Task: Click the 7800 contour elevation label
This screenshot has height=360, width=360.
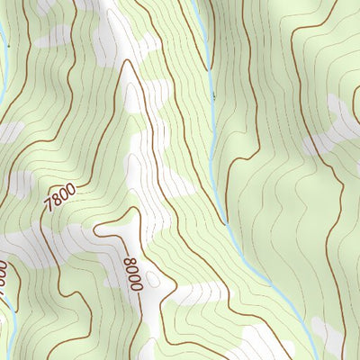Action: (58, 197)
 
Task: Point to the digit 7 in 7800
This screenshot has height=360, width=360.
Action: (47, 208)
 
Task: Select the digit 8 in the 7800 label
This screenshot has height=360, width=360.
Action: (54, 201)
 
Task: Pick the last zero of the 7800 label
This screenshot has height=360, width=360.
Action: (70, 186)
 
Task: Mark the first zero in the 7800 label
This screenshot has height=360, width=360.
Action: (62, 193)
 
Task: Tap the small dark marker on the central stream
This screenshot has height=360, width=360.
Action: (213, 94)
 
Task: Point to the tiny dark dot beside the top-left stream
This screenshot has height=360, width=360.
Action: (5, 42)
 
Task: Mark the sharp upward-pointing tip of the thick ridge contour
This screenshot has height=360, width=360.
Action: (126, 60)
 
